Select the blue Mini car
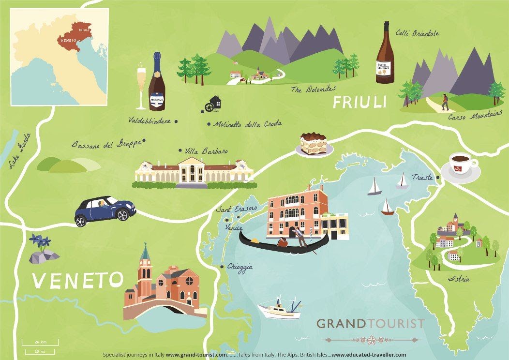point(105,210)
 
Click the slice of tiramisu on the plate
point(314,144)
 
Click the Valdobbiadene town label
point(150,121)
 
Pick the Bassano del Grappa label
point(106,143)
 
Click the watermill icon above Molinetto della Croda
point(214,103)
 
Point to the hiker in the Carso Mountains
point(444,102)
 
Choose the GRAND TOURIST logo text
point(370,324)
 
